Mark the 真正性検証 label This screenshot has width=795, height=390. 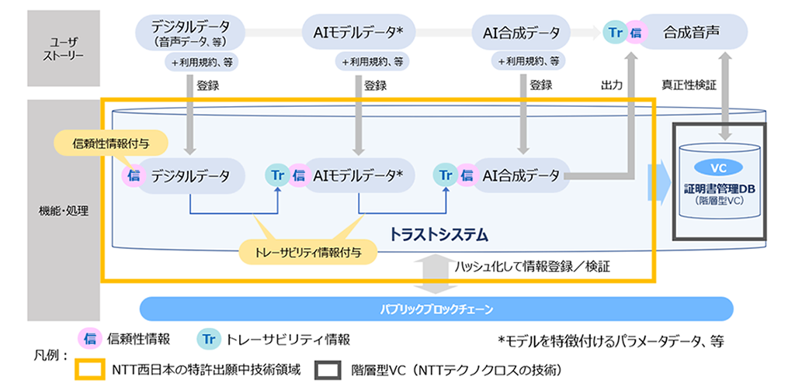click(x=689, y=85)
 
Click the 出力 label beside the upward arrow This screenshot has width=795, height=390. click(x=612, y=85)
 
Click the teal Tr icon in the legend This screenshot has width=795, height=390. click(x=208, y=339)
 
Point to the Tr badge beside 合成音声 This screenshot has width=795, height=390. click(x=616, y=33)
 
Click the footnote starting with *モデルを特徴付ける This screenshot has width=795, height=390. click(x=613, y=340)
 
